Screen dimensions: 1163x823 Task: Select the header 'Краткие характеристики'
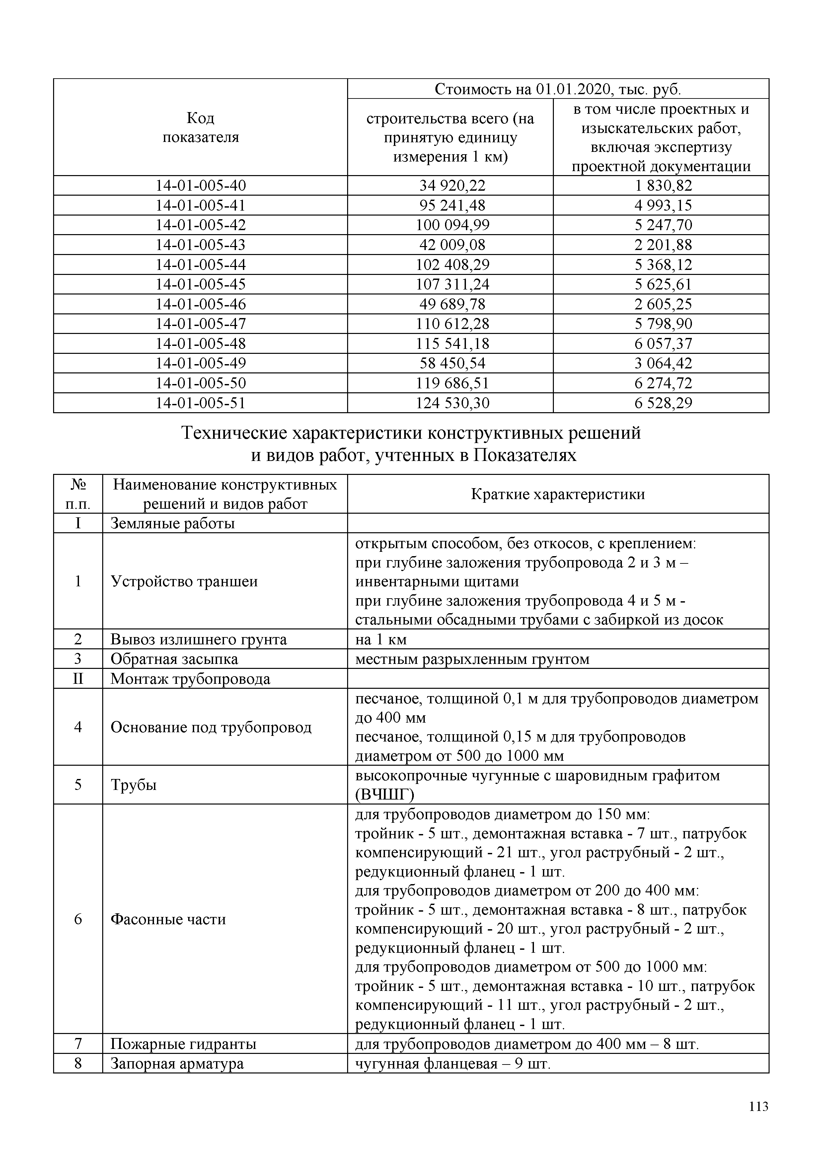point(558,494)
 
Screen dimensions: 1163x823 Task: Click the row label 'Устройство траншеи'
point(184,581)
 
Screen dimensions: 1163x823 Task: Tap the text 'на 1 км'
point(381,639)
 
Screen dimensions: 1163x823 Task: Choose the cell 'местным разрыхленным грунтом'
point(472,659)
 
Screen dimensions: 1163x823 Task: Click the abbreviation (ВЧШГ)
point(384,795)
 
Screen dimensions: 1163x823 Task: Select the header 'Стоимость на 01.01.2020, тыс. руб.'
point(558,89)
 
